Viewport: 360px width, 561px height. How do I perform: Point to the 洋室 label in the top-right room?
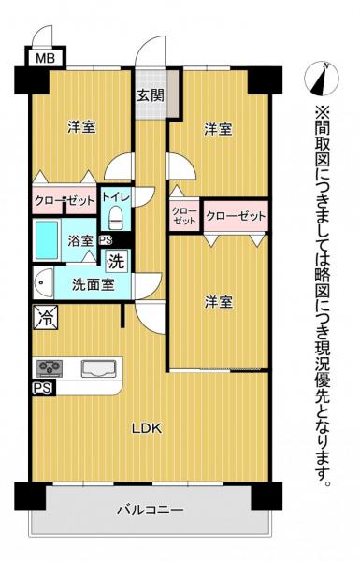[218, 131]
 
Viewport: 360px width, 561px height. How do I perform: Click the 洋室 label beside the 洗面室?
[219, 301]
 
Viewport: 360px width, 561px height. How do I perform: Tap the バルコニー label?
[150, 510]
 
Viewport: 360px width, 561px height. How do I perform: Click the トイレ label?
[116, 198]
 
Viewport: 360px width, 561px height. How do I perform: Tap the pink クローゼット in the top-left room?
[62, 200]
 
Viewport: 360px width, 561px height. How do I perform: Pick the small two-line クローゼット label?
[183, 216]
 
